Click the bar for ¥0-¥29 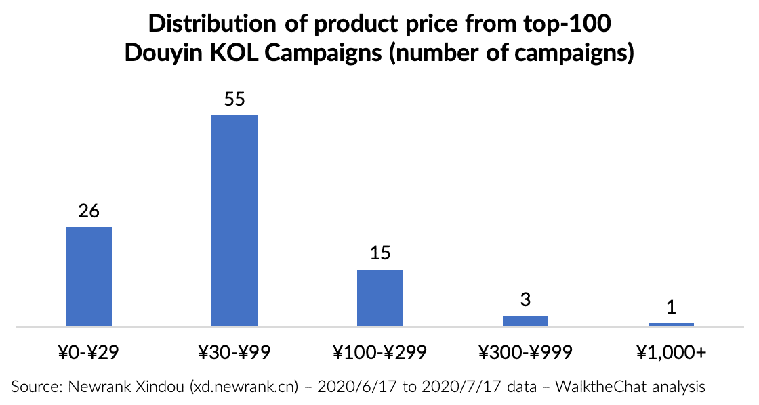click(89, 277)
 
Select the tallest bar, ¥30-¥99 click(234, 221)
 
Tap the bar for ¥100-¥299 click(380, 298)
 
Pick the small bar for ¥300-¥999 click(526, 321)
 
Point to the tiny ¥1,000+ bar click(671, 324)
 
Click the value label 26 click(89, 211)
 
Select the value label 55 click(234, 99)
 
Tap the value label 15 click(380, 253)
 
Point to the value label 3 click(526, 300)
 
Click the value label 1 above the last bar click(672, 307)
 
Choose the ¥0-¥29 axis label click(88, 352)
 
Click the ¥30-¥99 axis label click(234, 352)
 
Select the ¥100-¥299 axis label click(380, 352)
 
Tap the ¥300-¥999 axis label click(526, 352)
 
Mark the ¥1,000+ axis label click(672, 352)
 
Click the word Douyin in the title click(163, 54)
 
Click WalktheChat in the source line click(600, 387)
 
